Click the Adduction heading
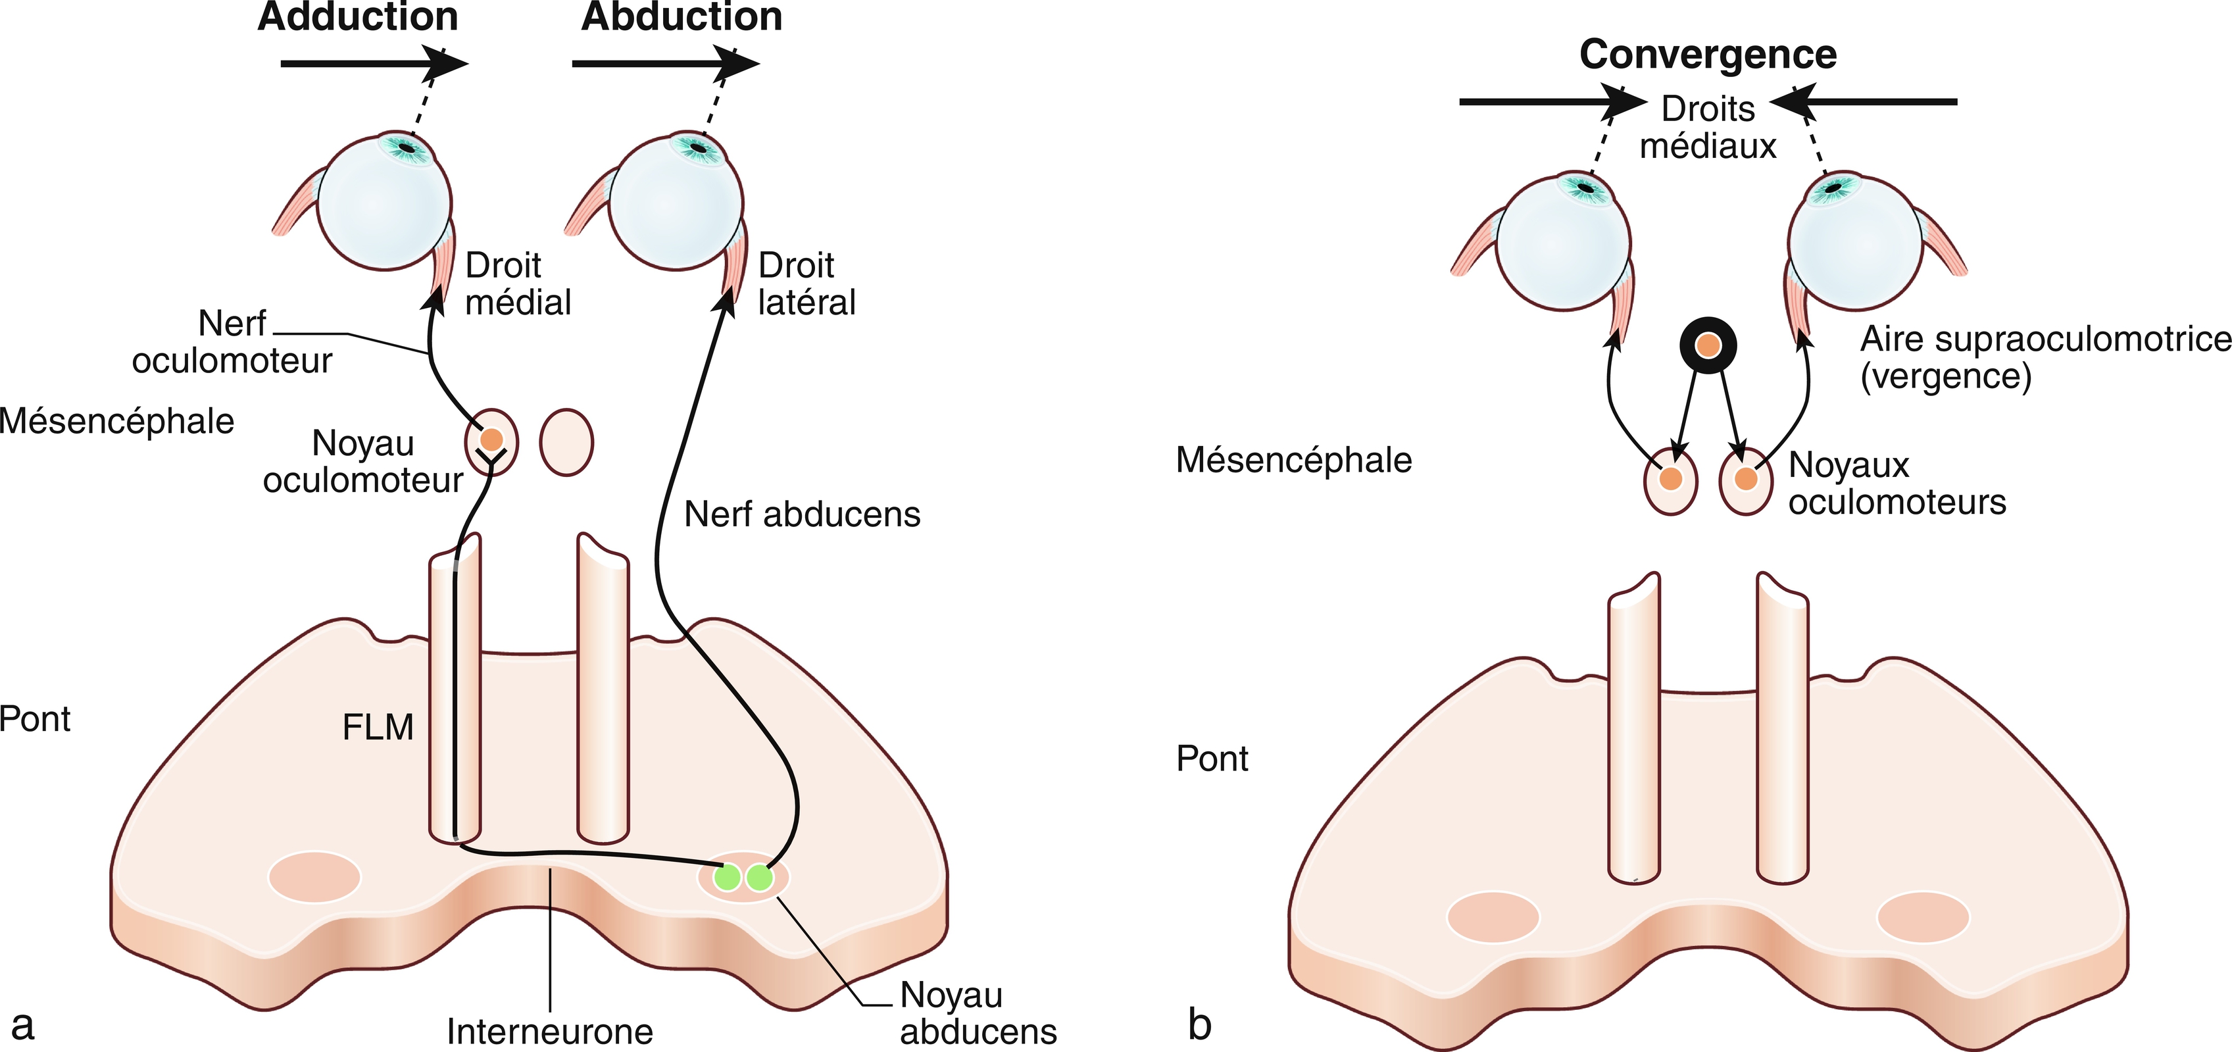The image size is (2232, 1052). (358, 17)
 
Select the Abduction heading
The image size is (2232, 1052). (682, 17)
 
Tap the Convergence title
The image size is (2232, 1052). (1708, 54)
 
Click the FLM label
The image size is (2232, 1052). (378, 727)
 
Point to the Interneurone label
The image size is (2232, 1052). (549, 1031)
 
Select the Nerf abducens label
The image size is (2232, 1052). (801, 514)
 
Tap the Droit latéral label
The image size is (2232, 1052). (806, 284)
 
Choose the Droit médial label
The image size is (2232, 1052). (517, 284)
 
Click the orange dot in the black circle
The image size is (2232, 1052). (1708, 346)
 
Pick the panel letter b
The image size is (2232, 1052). (1199, 1024)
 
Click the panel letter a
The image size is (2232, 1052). (22, 1024)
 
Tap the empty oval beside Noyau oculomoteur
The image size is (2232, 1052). (566, 442)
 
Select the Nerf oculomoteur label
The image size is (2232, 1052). (232, 341)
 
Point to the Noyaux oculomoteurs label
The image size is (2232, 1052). (1897, 484)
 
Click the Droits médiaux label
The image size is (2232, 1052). (1708, 128)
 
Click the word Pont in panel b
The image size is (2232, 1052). (1211, 758)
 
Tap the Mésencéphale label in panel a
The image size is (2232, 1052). (117, 421)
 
